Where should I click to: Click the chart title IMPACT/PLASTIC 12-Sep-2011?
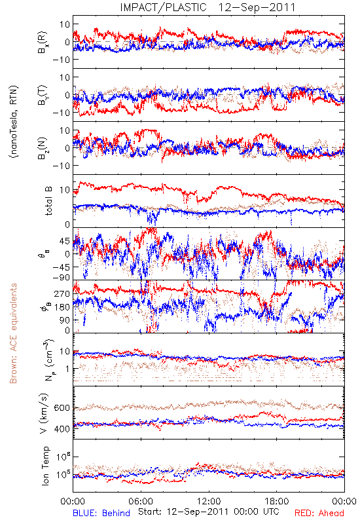pyautogui.click(x=207, y=7)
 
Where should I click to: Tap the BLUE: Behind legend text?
pyautogui.click(x=101, y=513)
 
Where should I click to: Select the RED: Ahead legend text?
pyautogui.click(x=319, y=513)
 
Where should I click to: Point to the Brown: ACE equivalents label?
pyautogui.click(x=13, y=333)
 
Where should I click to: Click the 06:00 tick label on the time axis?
pyautogui.click(x=141, y=501)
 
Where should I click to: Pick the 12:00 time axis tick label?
pyautogui.click(x=209, y=501)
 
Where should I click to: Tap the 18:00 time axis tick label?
pyautogui.click(x=277, y=501)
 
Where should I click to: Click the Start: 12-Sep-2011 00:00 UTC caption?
pyautogui.click(x=208, y=512)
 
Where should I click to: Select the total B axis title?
pyautogui.click(x=48, y=201)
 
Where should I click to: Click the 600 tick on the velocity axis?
pyautogui.click(x=62, y=408)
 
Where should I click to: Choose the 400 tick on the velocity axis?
pyautogui.click(x=62, y=429)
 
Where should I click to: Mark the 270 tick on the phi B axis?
pyautogui.click(x=63, y=293)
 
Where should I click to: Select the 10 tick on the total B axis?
pyautogui.click(x=65, y=190)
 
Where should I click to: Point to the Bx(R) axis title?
pyautogui.click(x=43, y=43)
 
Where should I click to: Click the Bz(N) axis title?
pyautogui.click(x=43, y=149)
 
